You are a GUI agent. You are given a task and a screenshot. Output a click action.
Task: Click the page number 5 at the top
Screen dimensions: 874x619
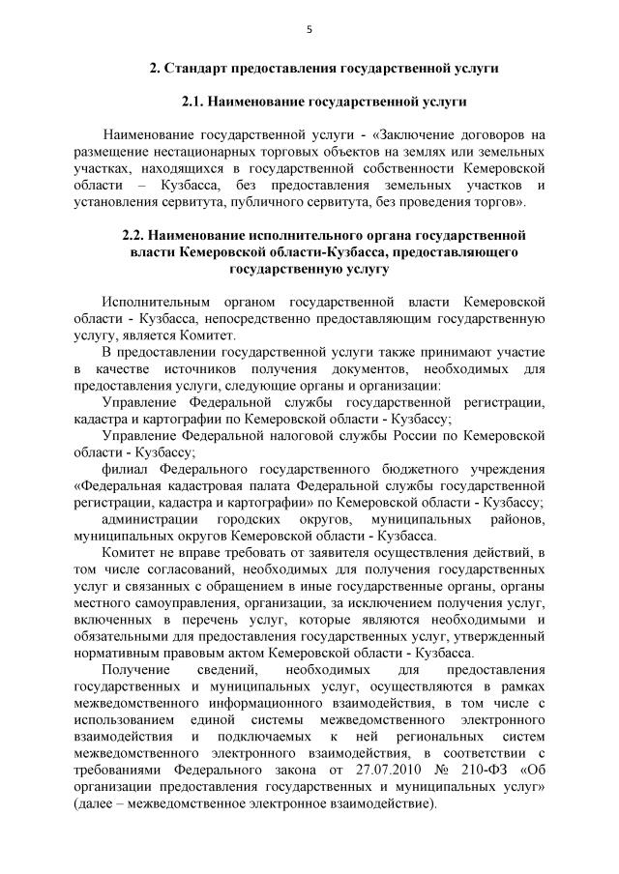point(309,30)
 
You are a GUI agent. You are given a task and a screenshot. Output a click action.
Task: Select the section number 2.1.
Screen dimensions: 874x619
point(197,102)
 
